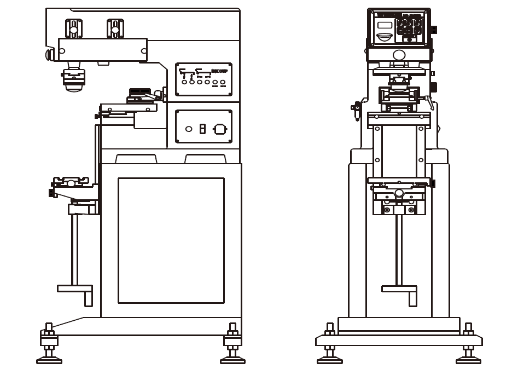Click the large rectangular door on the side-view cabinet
pyautogui.click(x=171, y=240)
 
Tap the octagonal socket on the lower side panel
pyautogui.click(x=220, y=129)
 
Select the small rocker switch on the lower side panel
pyautogui.click(x=202, y=129)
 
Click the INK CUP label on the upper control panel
pyautogui.click(x=219, y=71)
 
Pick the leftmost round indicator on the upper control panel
pyautogui.click(x=185, y=82)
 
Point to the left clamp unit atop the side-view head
pyautogui.click(x=74, y=28)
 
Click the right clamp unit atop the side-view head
pyautogui.click(x=115, y=28)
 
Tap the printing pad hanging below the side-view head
pyautogui.click(x=73, y=79)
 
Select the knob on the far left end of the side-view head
pyautogui.click(x=49, y=54)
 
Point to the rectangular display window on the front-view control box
pyautogui.click(x=385, y=25)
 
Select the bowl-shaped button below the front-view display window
pyautogui.click(x=385, y=37)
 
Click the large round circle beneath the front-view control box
pyautogui.click(x=399, y=55)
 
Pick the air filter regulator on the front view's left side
pyautogui.click(x=357, y=110)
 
